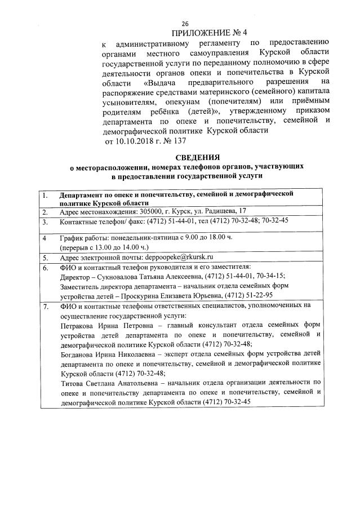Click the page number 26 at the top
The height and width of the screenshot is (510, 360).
184,23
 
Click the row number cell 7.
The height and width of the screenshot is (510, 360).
45,306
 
